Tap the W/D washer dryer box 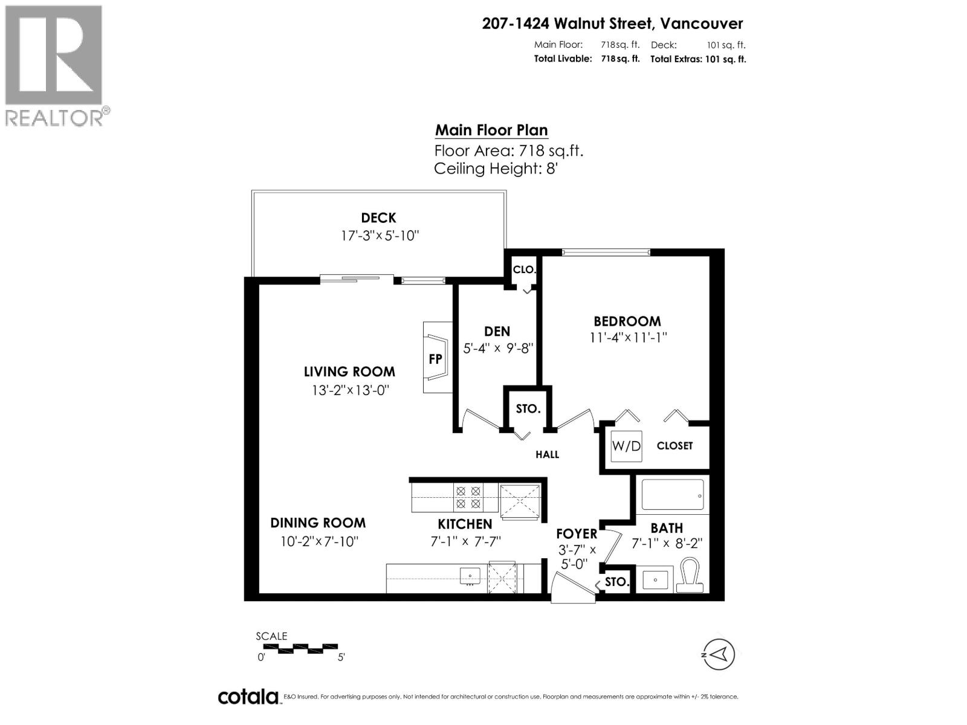coord(626,446)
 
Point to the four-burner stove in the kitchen coord(467,497)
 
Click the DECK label coord(378,217)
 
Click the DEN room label coord(497,331)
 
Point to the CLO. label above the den coord(524,269)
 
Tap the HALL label coord(547,454)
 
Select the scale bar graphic coord(300,649)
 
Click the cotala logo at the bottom coord(248,697)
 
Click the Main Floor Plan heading coord(491,130)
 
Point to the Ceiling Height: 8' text coord(495,169)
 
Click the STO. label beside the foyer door coord(617,582)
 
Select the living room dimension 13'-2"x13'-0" coord(349,390)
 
